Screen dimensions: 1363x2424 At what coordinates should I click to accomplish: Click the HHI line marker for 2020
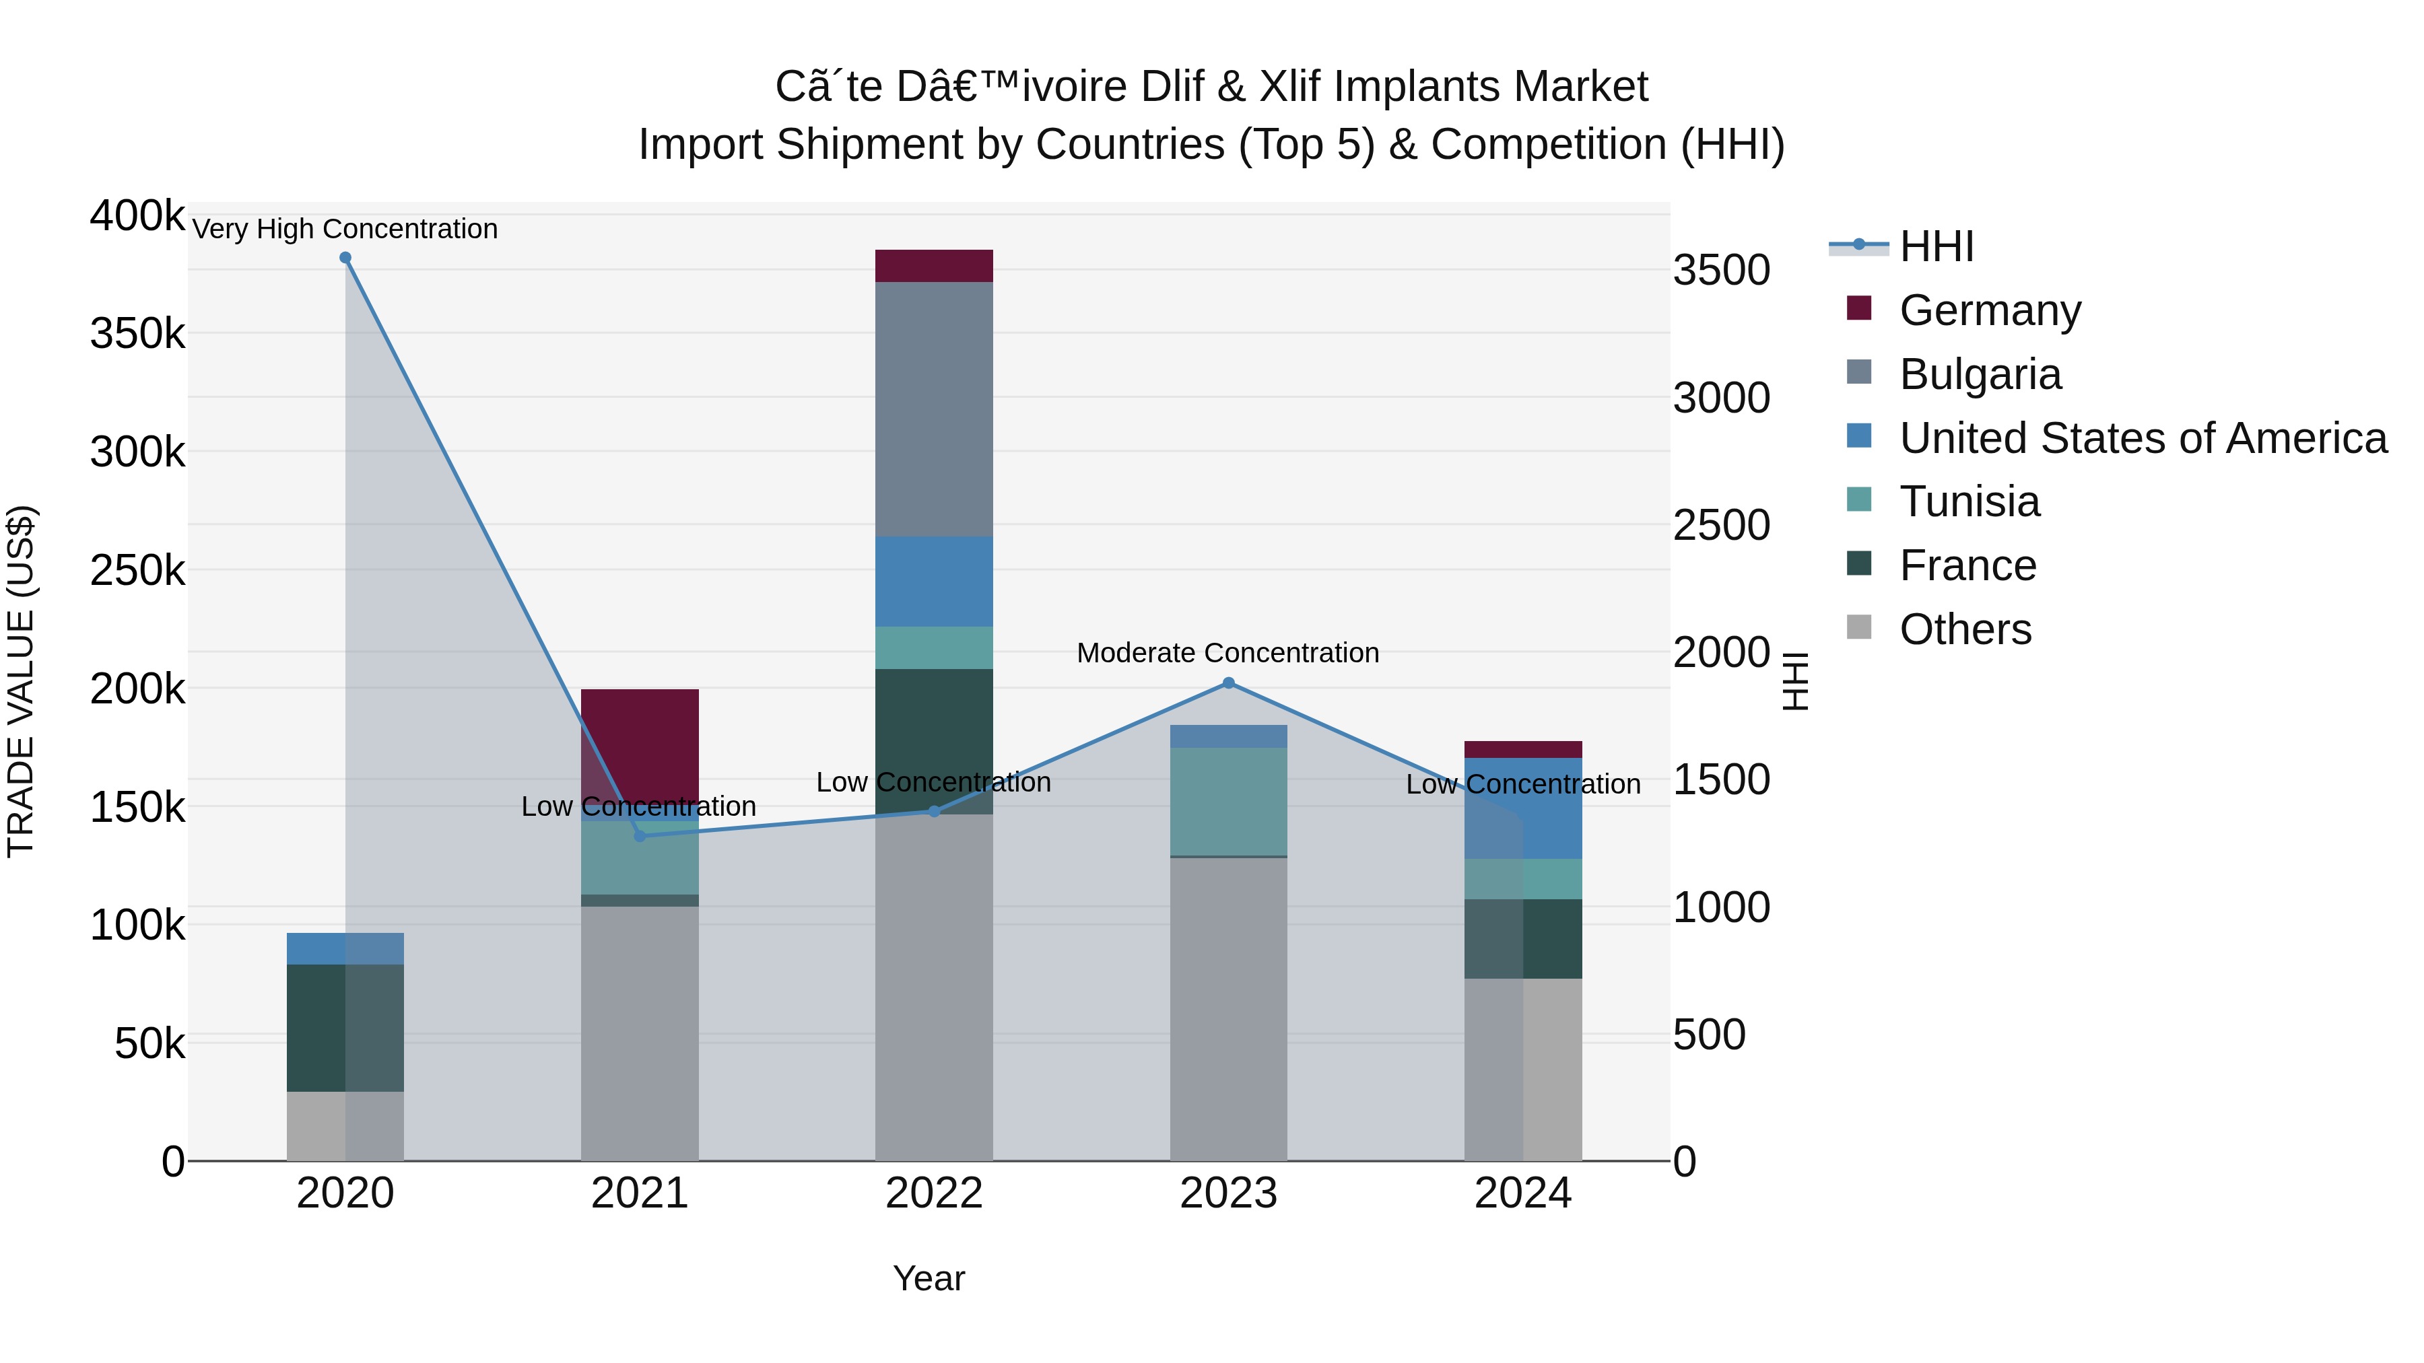click(x=345, y=258)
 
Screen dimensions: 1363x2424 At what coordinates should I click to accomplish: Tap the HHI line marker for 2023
click(x=1228, y=683)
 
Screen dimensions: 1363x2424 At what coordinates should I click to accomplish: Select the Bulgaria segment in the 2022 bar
click(x=933, y=409)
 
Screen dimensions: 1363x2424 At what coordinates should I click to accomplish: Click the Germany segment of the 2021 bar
click(x=639, y=743)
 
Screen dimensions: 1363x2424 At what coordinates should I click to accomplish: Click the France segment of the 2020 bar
click(x=316, y=1027)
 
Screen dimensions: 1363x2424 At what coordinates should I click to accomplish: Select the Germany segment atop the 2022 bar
click(x=933, y=265)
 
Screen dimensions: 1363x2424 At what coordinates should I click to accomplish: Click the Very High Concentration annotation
click(x=344, y=230)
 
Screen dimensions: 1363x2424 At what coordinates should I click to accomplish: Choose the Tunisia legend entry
click(x=1969, y=501)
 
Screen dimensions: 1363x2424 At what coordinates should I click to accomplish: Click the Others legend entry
click(x=1965, y=629)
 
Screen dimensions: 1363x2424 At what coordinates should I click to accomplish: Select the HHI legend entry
click(x=1936, y=246)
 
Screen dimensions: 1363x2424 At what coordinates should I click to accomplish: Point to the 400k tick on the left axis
click(x=137, y=215)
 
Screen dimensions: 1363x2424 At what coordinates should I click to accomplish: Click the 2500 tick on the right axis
click(x=1720, y=525)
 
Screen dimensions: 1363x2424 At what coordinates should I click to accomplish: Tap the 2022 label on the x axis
click(x=933, y=1193)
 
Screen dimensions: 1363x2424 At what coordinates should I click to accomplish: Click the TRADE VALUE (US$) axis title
click(x=21, y=681)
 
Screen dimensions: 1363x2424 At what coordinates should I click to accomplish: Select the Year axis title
click(x=928, y=1278)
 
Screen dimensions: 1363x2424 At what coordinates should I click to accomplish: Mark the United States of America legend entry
click(x=2142, y=438)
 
